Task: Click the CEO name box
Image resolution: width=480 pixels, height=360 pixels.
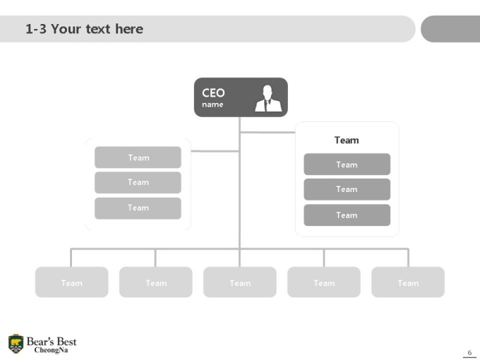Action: click(241, 97)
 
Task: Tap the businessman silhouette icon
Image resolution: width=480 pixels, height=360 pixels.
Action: click(268, 98)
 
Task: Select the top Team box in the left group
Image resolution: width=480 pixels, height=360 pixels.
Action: click(138, 157)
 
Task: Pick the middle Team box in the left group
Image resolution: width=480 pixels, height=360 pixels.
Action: click(138, 182)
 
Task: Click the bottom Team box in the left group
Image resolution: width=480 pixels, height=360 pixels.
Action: click(138, 208)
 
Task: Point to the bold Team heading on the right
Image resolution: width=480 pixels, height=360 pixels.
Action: click(347, 140)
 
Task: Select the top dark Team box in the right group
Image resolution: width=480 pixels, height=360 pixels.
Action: click(347, 164)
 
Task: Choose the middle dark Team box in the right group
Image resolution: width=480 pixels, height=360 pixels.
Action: click(347, 189)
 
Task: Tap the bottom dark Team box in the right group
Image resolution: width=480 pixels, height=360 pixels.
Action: click(347, 215)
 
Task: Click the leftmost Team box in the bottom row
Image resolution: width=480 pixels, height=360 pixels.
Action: click(71, 282)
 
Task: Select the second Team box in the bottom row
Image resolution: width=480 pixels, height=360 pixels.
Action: click(156, 282)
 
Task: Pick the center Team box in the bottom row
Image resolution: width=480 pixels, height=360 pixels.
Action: click(240, 282)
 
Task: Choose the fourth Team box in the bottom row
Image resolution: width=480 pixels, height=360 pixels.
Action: click(324, 282)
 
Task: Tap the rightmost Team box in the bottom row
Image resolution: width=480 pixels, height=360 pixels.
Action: click(408, 282)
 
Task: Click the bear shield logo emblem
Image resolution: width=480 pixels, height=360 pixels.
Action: click(16, 344)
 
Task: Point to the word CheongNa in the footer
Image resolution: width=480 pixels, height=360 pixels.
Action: click(51, 350)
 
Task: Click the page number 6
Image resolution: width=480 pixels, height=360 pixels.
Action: click(469, 352)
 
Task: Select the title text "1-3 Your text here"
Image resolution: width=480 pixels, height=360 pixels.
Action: click(84, 29)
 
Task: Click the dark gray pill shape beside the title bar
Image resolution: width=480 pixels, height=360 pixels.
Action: click(450, 29)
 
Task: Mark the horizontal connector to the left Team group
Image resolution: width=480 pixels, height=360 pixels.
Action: click(215, 151)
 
